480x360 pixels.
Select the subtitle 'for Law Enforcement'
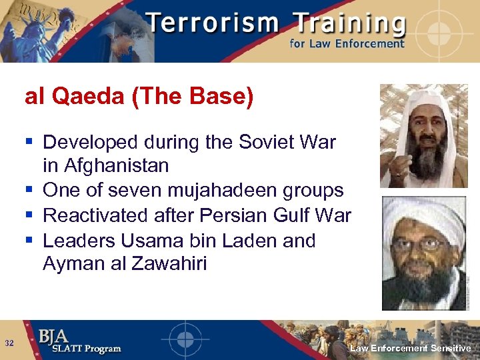tap(347, 44)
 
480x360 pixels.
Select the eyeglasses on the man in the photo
tap(421, 244)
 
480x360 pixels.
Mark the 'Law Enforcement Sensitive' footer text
tap(410, 349)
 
